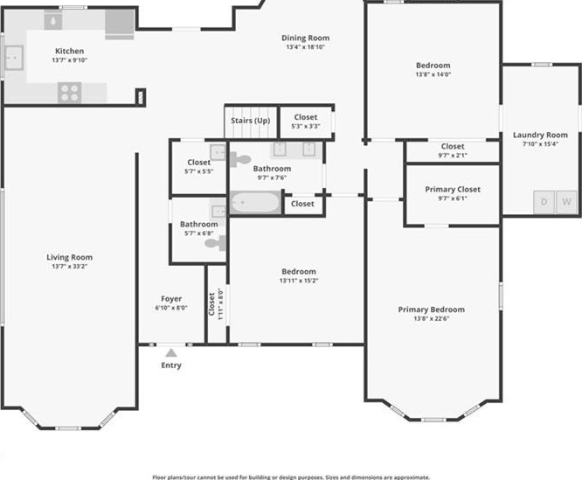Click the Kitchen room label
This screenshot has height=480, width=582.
(69, 51)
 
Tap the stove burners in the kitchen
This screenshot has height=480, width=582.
(69, 93)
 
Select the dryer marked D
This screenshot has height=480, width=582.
(544, 202)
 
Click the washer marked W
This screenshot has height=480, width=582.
(566, 202)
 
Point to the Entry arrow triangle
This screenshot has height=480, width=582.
(171, 352)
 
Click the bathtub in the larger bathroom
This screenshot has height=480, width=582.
(255, 203)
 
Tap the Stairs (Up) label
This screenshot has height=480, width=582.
(251, 121)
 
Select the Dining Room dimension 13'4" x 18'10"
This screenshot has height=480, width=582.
(306, 47)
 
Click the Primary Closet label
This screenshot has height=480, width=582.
(453, 190)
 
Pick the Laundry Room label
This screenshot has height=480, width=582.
(540, 136)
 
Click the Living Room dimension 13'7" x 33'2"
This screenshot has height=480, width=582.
(69, 266)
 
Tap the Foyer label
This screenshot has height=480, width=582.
(171, 299)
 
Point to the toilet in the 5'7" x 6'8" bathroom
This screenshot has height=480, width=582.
(215, 243)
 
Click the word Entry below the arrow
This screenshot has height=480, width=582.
(171, 365)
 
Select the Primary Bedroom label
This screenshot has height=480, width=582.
(432, 310)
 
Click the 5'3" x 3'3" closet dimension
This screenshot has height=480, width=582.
(306, 126)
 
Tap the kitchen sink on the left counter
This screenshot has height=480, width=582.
(14, 58)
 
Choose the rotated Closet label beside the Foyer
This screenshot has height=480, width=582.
(211, 304)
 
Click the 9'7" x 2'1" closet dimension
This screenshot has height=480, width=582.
(453, 155)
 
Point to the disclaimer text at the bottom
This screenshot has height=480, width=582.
(291, 477)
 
